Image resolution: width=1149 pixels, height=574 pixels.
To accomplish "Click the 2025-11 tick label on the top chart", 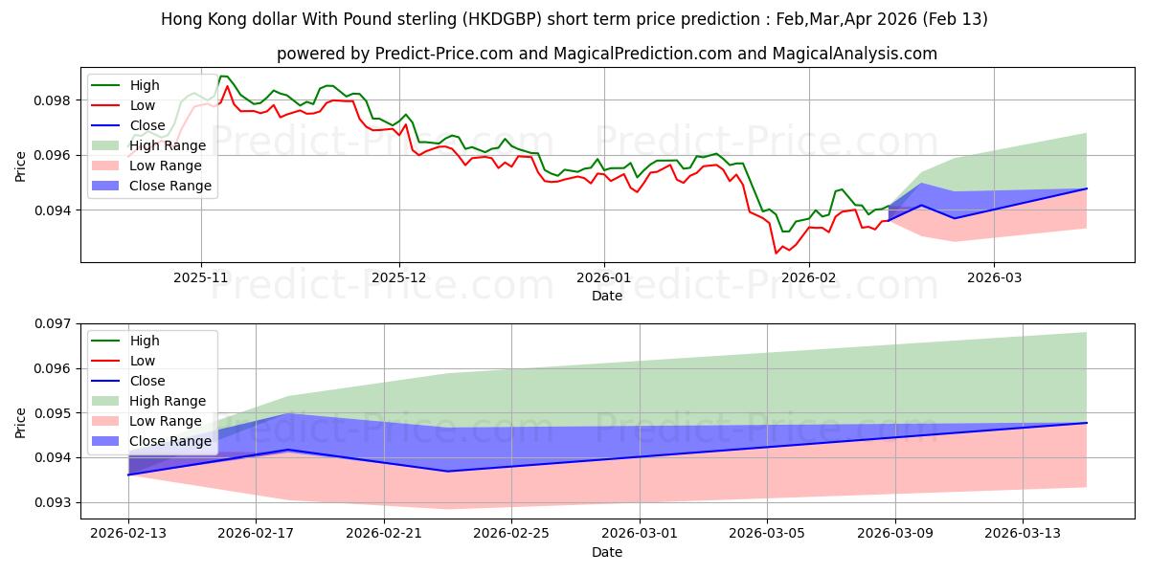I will [x=201, y=276].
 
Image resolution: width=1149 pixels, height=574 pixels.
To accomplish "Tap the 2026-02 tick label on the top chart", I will [x=809, y=276].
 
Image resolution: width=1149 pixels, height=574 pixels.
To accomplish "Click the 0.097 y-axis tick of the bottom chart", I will [x=57, y=324].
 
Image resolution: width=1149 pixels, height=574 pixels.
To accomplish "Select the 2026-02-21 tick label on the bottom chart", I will [x=383, y=532].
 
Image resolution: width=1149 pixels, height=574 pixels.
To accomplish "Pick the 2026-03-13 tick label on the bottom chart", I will [x=1023, y=532].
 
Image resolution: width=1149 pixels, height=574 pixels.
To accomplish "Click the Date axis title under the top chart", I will [x=607, y=297].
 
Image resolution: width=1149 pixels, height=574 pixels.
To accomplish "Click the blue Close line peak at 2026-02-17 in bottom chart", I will [x=288, y=450].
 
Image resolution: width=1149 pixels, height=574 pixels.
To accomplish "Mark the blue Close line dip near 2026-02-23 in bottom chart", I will [x=447, y=471].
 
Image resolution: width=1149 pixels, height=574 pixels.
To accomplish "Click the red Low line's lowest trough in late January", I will [x=776, y=253].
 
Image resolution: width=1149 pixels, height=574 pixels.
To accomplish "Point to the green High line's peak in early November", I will [x=221, y=77].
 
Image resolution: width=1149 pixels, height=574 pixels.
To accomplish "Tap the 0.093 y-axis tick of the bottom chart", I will [x=57, y=502].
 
